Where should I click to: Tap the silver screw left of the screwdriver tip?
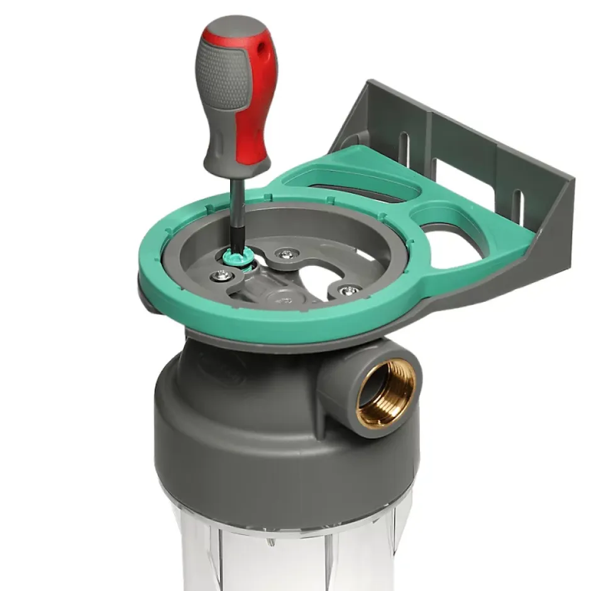click(221, 274)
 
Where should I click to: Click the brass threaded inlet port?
click(385, 393)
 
